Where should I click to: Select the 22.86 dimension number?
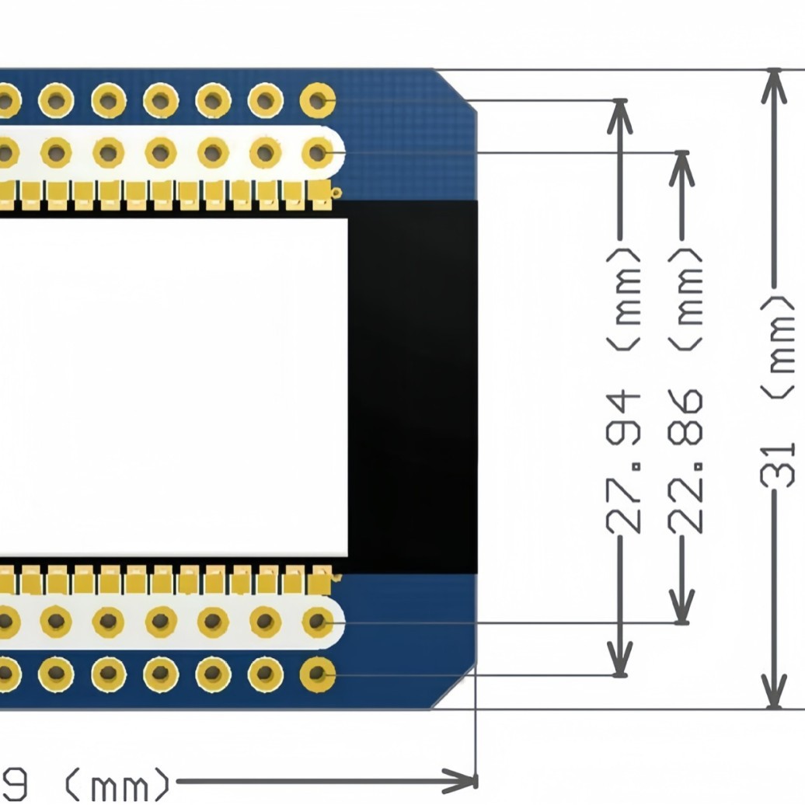click(x=687, y=464)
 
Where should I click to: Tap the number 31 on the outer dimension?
click(x=777, y=464)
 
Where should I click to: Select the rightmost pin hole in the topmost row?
click(x=317, y=100)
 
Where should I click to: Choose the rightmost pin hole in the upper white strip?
click(x=317, y=152)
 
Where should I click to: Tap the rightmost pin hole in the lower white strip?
click(x=317, y=622)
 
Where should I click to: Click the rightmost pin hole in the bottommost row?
click(x=317, y=674)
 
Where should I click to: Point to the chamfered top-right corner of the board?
click(x=455, y=87)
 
